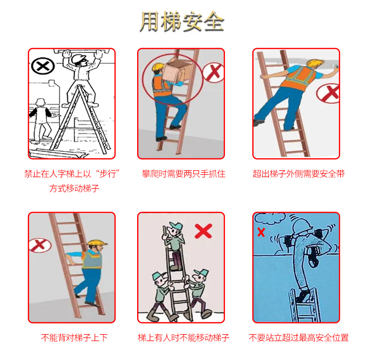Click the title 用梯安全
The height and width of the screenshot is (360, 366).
[x=182, y=21]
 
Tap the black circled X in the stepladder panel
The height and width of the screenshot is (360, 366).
[x=43, y=66]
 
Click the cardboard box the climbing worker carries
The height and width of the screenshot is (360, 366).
[x=177, y=71]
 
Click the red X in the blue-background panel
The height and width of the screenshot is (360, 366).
[x=261, y=232]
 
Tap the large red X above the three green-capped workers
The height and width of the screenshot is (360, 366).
[x=203, y=231]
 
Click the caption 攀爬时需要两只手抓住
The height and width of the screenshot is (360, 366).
[x=183, y=174]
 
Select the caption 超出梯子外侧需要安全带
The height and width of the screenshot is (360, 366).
[x=299, y=174]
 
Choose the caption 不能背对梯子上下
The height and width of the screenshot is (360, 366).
[x=74, y=338]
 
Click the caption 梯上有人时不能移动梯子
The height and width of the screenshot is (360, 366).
[x=183, y=338]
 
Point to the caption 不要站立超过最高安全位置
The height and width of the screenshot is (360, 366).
[x=299, y=338]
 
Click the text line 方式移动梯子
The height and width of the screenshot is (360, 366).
[x=74, y=188]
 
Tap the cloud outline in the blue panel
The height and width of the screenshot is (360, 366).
[x=268, y=218]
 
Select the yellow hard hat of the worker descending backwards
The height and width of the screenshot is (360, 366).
[x=97, y=243]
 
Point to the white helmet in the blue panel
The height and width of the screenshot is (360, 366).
[x=302, y=226]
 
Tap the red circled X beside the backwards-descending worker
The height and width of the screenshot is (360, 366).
[x=40, y=245]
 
